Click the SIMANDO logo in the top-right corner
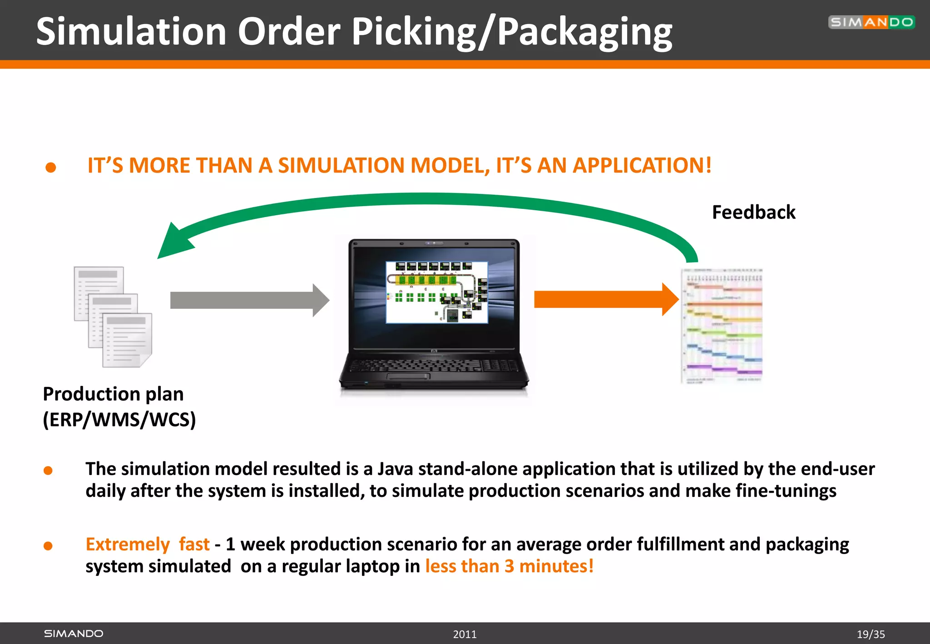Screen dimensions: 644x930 click(871, 22)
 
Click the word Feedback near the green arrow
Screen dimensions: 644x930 click(753, 213)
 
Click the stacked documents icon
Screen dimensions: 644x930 click(113, 317)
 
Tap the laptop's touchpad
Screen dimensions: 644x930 click(408, 376)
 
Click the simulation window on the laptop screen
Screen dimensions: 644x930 click(436, 292)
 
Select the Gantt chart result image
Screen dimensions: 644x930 click(722, 326)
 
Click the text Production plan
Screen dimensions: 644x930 click(113, 394)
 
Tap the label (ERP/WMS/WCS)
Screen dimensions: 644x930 click(119, 419)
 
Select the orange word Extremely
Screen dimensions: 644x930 click(128, 544)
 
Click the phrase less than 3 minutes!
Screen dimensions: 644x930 click(509, 566)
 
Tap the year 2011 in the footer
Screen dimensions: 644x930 click(465, 634)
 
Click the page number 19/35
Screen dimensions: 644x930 click(871, 634)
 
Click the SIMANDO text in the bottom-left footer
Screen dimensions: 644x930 click(74, 634)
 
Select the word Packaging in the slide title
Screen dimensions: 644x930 click(585, 32)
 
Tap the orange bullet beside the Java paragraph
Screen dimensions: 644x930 click(48, 471)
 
